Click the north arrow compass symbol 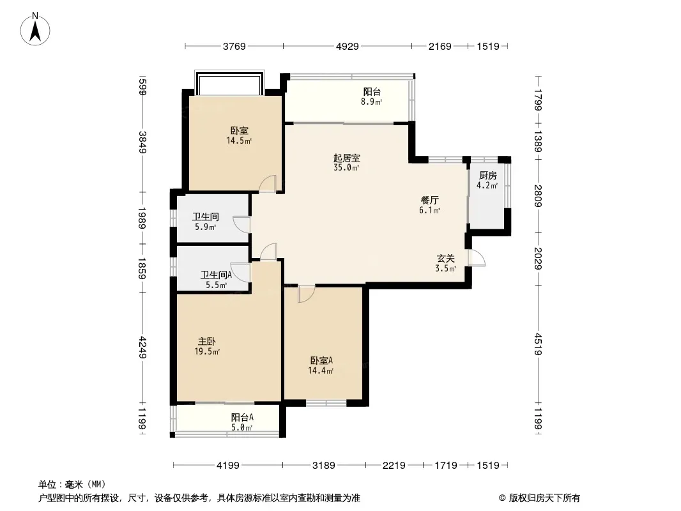coord(35,29)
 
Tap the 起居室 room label coord(347,158)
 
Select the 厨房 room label coord(487,176)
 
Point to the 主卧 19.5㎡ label coord(207,346)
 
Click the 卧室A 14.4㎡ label coord(321,365)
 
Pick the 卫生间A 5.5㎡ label coord(217,280)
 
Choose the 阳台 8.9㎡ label coord(372,97)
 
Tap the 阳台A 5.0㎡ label coord(242,422)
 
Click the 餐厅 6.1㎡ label coord(429,205)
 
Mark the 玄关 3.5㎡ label coord(446,264)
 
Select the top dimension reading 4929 coord(348,46)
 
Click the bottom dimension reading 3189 coord(323,466)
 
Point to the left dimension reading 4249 coord(142,347)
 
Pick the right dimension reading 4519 coord(539,344)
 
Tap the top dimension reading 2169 coord(440,46)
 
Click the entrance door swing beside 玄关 coord(477,258)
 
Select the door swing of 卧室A coord(306,294)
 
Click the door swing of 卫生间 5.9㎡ coord(241,224)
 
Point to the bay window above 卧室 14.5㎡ coord(229,82)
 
